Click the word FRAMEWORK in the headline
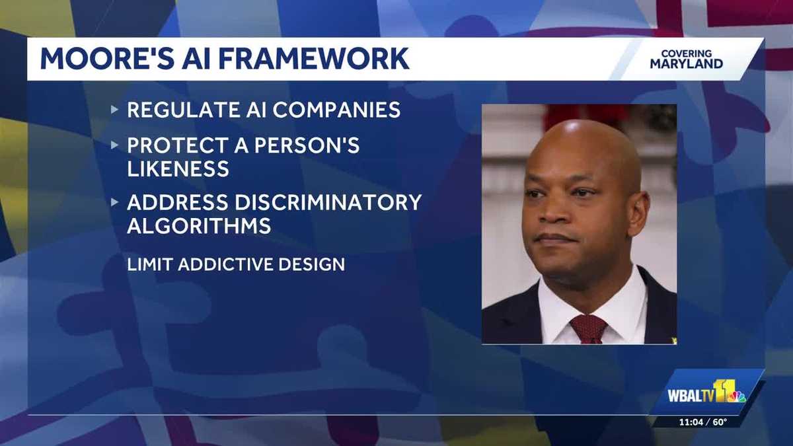point(314,59)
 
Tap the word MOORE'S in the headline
point(107,59)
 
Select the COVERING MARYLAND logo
point(687,59)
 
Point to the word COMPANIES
point(336,110)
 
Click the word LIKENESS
point(178,168)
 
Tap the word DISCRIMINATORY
point(328,202)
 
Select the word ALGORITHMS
point(199,226)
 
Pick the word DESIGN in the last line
point(311,265)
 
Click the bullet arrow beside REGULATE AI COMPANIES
point(114,110)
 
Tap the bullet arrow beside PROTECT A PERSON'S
point(114,145)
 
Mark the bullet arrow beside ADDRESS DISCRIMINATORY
point(114,202)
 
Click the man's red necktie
point(588,329)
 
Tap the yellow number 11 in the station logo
point(724,390)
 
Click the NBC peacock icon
point(737,397)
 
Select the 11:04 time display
point(691,422)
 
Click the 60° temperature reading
point(720,422)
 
